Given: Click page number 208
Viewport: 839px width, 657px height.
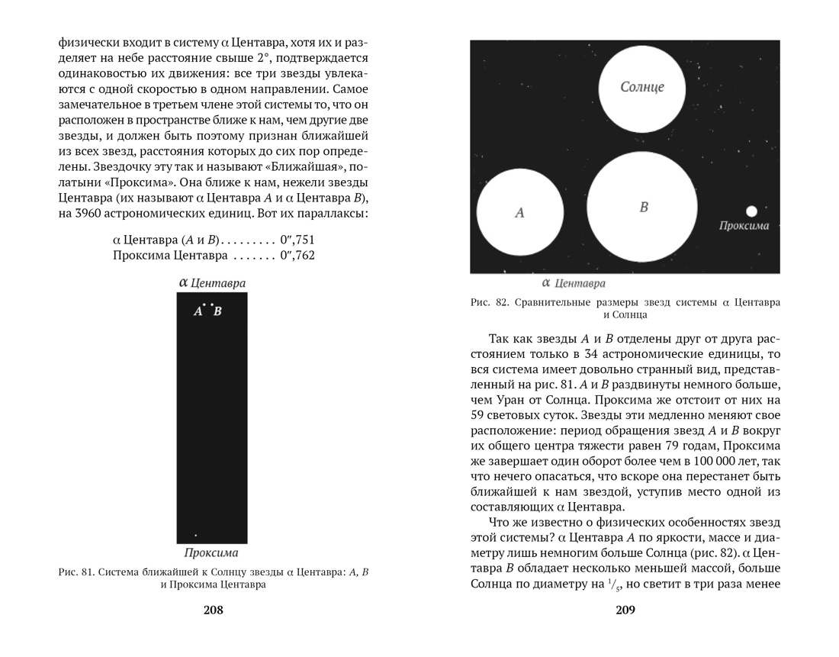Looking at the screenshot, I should pyautogui.click(x=213, y=610).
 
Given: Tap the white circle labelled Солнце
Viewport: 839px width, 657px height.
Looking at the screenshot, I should pyautogui.click(x=641, y=88).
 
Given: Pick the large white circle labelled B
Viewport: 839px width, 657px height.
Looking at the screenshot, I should pyautogui.click(x=642, y=207).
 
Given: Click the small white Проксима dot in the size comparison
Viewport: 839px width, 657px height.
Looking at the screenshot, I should pyautogui.click(x=751, y=211).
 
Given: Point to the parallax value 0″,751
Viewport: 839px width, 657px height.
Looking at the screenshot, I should pyautogui.click(x=297, y=240).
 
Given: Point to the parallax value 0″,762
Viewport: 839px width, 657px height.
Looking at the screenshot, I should pyautogui.click(x=297, y=256).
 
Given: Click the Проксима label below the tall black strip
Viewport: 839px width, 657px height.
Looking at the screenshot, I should pyautogui.click(x=211, y=552).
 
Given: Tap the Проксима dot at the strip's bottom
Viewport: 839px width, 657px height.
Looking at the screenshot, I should pyautogui.click(x=195, y=536).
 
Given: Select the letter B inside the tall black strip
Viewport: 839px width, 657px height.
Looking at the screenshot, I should pyautogui.click(x=217, y=311).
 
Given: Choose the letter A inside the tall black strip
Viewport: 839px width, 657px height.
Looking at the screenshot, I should pyautogui.click(x=198, y=311).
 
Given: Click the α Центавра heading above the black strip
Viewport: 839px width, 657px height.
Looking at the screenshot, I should pyautogui.click(x=211, y=283).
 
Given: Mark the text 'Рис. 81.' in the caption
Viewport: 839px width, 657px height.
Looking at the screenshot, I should pyautogui.click(x=76, y=572).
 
